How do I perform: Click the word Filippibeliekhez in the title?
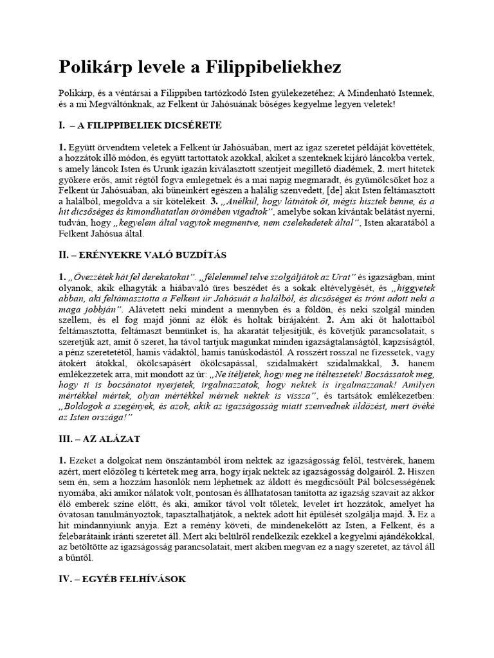pos(274,67)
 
